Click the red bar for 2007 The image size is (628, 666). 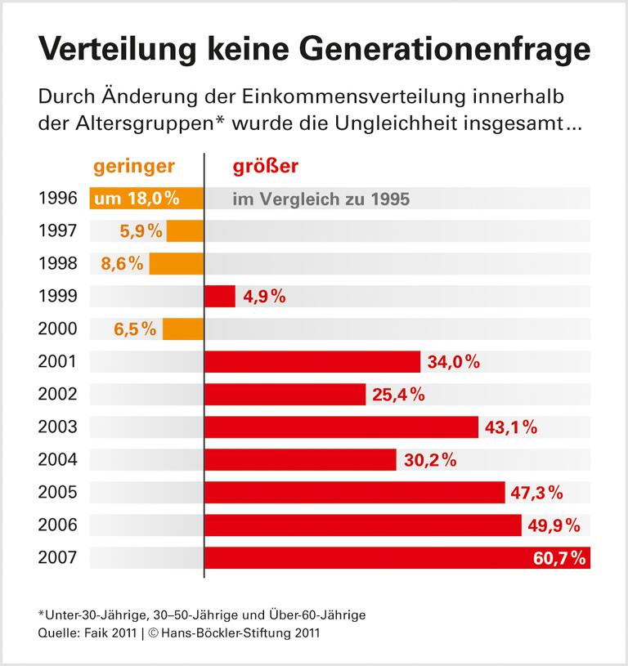click(x=368, y=557)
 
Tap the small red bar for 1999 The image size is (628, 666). click(x=220, y=296)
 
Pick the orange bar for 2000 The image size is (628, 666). click(x=182, y=329)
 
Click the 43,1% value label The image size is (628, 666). click(x=511, y=427)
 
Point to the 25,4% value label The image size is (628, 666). click(x=398, y=394)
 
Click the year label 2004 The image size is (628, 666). click(x=57, y=459)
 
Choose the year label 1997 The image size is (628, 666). click(x=57, y=230)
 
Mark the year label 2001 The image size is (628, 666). click(x=57, y=361)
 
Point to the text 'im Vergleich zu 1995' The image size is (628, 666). click(x=321, y=199)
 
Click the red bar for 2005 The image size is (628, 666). click(x=354, y=492)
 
